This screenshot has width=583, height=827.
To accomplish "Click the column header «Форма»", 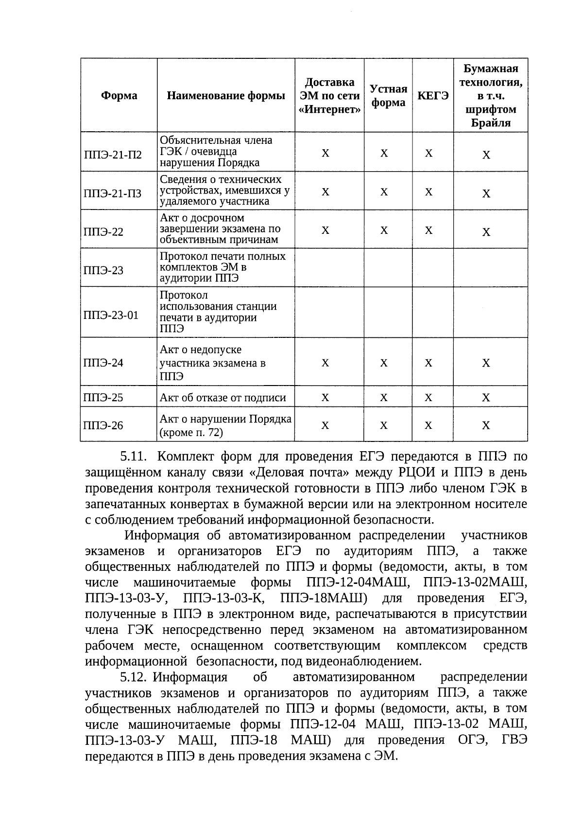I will point(119,96).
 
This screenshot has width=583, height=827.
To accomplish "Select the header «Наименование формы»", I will point(226,96).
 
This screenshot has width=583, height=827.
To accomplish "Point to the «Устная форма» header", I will point(388,96).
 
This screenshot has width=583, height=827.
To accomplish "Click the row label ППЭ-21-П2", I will point(113,155).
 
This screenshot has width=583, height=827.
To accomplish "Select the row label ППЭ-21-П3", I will point(113,194).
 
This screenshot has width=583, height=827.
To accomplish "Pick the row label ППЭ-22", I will point(103,232).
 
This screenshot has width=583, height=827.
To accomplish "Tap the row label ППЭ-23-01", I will point(111,315).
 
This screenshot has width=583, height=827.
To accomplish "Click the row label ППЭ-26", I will point(103,426).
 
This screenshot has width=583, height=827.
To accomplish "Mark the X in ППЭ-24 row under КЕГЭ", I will point(429,363).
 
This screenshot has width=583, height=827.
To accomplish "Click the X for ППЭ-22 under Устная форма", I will point(384,230).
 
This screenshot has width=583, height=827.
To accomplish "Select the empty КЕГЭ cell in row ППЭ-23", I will point(433,268).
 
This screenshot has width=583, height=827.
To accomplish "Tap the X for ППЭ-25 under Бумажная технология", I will point(486,398).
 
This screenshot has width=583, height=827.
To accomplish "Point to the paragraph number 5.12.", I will point(133,677).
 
